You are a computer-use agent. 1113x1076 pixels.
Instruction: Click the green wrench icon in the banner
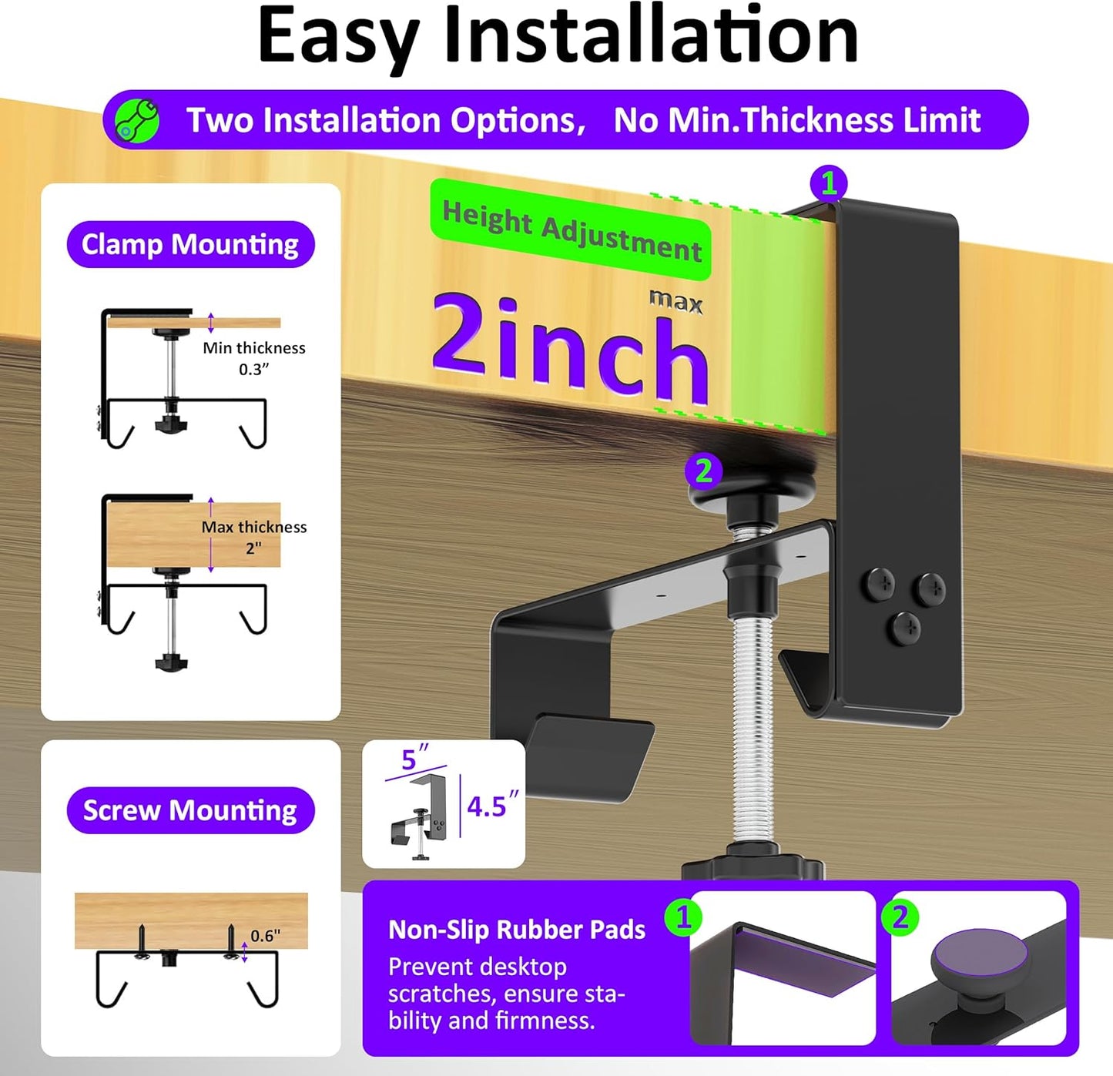tap(136, 121)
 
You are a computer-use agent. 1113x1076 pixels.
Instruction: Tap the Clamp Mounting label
tap(190, 245)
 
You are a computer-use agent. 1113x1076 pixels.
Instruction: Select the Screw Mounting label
tap(190, 810)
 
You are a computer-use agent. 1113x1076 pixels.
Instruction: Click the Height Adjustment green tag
tap(571, 230)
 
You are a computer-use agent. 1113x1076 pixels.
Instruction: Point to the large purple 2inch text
tap(569, 347)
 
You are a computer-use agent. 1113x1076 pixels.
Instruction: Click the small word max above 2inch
tap(676, 300)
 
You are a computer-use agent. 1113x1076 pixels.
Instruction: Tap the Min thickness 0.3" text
tap(254, 358)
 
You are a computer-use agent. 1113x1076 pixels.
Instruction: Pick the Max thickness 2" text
tap(254, 537)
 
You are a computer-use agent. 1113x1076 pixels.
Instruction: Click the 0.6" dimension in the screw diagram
tap(266, 936)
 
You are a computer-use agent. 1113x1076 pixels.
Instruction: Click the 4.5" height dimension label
tap(492, 806)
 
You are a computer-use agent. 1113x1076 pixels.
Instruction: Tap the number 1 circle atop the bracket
tap(829, 183)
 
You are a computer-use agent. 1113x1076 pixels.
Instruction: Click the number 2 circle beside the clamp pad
tap(703, 471)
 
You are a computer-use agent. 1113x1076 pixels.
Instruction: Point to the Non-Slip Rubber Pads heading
tap(517, 930)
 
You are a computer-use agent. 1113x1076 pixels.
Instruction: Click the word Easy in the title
tap(338, 36)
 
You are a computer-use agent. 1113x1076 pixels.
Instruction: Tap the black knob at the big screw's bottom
tap(753, 863)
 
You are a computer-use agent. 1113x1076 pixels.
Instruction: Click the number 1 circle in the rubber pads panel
tap(683, 917)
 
